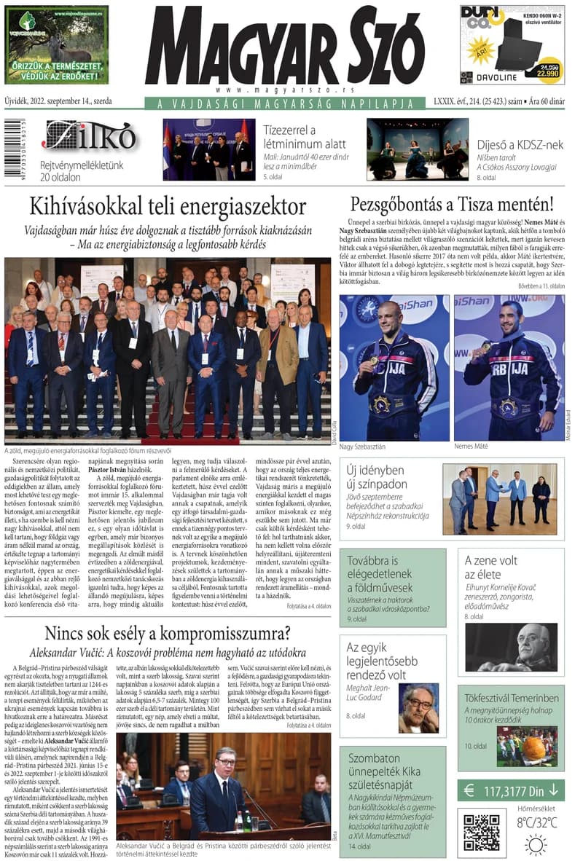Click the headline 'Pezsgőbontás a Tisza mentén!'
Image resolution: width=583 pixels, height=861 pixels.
[x=452, y=204]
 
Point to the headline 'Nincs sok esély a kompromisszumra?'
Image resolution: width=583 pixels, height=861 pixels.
[x=168, y=632]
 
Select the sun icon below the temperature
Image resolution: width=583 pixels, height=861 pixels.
[x=536, y=844]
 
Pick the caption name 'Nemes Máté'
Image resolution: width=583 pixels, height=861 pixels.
[x=471, y=446]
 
